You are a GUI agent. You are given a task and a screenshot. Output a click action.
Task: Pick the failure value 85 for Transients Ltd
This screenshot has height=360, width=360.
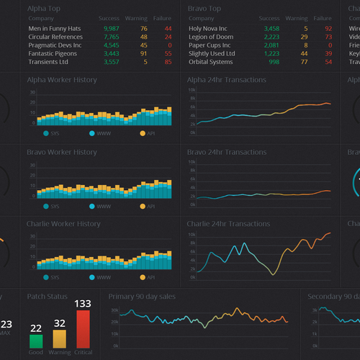click(168, 62)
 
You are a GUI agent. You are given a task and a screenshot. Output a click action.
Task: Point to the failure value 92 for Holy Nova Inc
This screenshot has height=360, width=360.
click(328, 28)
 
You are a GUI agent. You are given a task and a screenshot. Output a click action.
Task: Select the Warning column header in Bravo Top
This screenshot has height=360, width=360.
click(296, 19)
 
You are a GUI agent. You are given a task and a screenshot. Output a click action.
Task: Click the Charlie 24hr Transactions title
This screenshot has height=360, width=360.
click(230, 224)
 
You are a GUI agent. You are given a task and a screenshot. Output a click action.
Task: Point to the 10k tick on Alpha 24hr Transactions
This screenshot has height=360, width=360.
click(192, 90)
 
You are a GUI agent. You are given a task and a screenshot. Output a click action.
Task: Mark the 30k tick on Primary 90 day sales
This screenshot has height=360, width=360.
click(114, 310)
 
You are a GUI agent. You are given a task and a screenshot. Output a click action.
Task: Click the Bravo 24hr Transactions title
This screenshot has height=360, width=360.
click(227, 152)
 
